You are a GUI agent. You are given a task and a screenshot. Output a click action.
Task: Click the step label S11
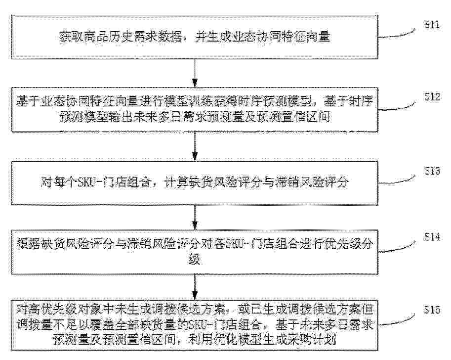[432, 25]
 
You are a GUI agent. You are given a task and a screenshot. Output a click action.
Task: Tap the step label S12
[432, 97]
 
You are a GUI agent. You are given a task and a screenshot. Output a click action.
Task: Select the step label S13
[432, 171]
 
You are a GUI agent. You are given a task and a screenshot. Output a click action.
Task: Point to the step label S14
[432, 237]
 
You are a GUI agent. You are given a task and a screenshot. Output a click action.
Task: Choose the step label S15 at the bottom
[432, 310]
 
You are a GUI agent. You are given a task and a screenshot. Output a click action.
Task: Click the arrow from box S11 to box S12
[195, 73]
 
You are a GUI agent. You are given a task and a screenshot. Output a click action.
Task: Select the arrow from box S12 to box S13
[195, 146]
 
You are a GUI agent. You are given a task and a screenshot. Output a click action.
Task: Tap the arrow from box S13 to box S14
[195, 218]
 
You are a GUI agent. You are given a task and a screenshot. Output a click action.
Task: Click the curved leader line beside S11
[397, 35]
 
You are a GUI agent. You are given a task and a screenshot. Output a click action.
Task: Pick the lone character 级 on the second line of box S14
[195, 260]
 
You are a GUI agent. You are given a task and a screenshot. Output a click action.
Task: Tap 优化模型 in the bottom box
[238, 340]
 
